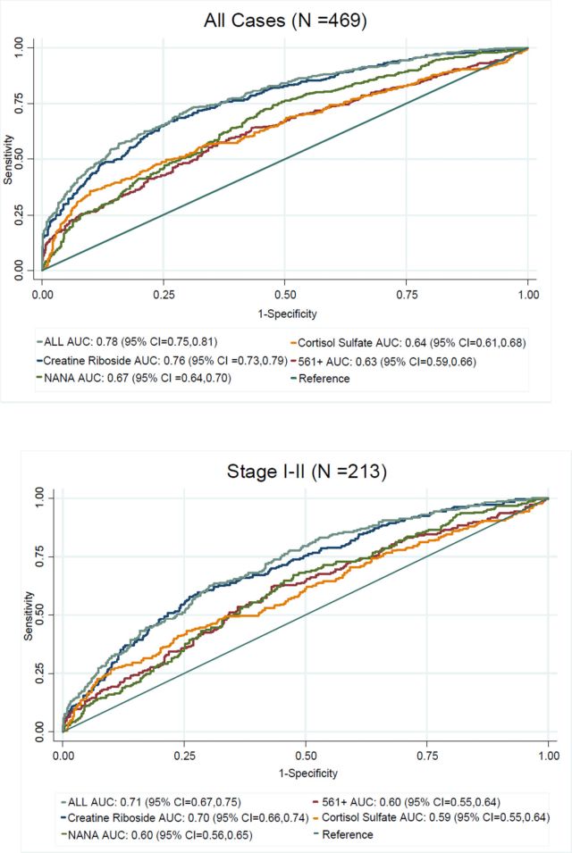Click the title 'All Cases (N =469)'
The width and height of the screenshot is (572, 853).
(285, 18)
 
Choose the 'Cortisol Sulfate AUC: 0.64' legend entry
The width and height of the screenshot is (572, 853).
(403, 341)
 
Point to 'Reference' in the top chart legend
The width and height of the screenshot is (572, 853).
(324, 378)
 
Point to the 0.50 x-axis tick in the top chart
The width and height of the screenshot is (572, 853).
(285, 292)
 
